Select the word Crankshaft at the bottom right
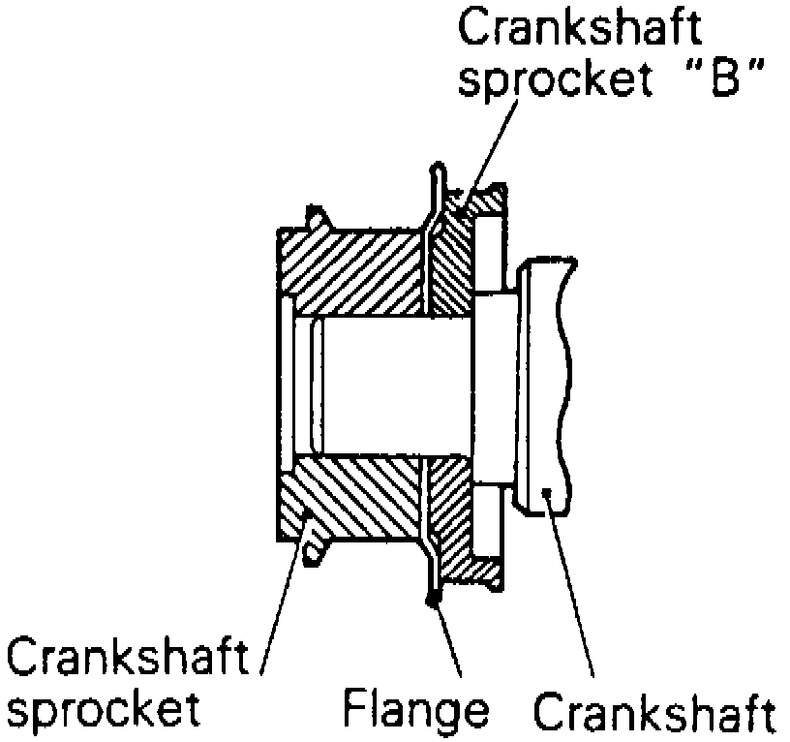[654, 715]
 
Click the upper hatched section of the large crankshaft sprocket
[353, 271]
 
